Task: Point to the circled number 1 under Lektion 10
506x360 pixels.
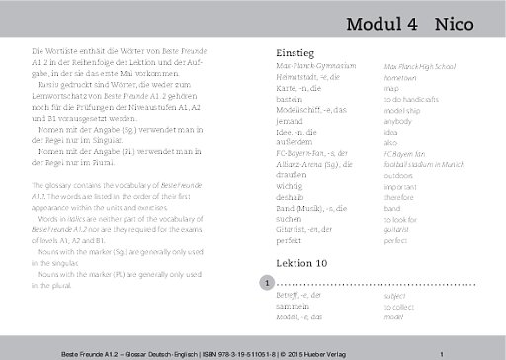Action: coord(266,283)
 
